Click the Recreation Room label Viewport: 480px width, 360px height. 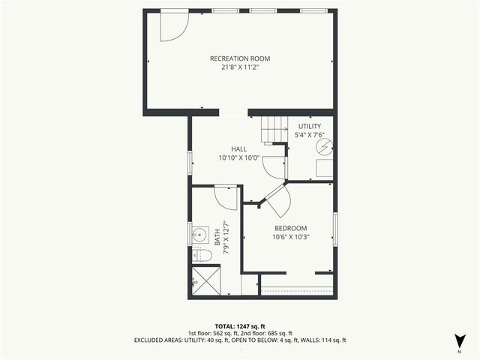(x=240, y=58)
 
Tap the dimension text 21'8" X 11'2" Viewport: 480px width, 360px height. (x=240, y=67)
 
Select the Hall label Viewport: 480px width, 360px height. (x=238, y=149)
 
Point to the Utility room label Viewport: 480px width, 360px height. (x=309, y=126)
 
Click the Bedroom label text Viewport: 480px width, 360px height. (x=290, y=228)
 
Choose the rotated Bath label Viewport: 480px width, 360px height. (x=217, y=238)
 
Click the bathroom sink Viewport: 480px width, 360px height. (x=199, y=235)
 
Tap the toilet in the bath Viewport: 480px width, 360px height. (x=202, y=256)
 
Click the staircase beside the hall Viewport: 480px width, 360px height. (x=273, y=131)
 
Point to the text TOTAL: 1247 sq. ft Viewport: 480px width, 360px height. (x=240, y=326)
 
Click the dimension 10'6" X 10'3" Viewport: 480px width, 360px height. (x=290, y=237)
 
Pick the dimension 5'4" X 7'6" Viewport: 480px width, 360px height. (x=309, y=135)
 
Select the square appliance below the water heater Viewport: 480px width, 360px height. (x=324, y=166)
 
